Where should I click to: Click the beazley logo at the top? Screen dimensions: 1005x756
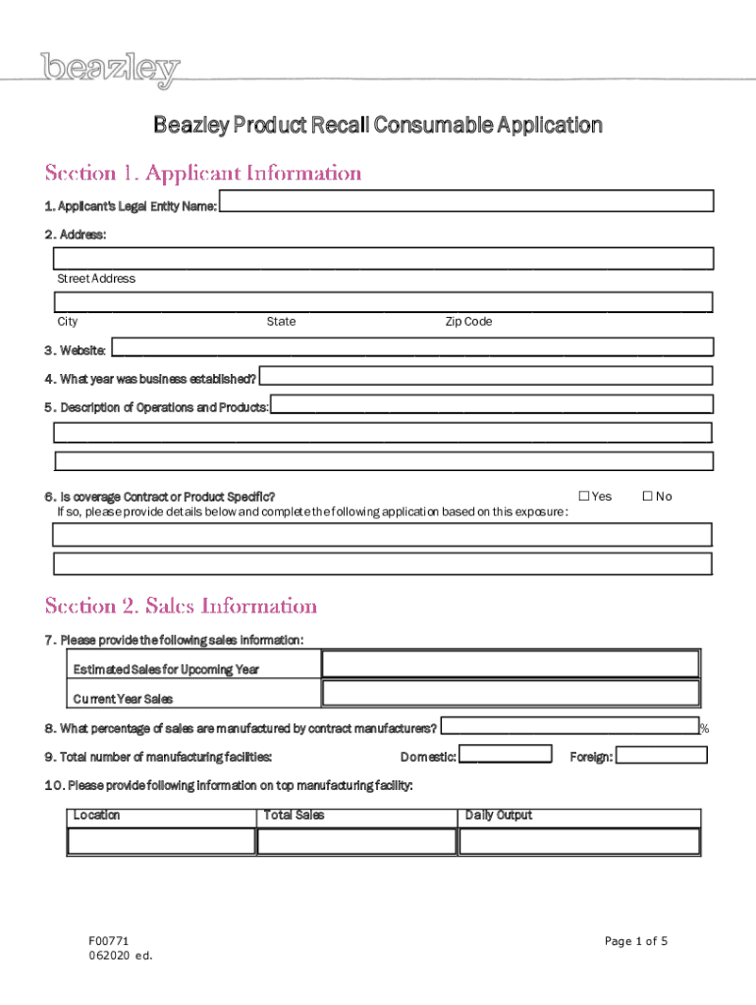coord(111,70)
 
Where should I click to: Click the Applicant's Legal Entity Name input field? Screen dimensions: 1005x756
coord(466,201)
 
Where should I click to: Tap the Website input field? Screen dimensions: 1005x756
coord(412,346)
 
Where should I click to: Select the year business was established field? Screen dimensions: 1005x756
coord(486,376)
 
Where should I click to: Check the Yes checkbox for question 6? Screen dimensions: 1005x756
coord(584,497)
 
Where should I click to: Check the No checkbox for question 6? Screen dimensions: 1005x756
coord(648,497)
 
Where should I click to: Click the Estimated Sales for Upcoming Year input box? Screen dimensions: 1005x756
coord(511,664)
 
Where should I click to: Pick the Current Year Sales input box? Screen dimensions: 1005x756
coord(511,694)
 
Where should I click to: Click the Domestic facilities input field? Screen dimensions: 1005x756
coord(506,756)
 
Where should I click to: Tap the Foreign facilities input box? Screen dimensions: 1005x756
coord(661,756)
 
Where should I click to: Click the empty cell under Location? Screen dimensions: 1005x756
coord(162,842)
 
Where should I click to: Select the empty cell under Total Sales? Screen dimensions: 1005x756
coord(356,842)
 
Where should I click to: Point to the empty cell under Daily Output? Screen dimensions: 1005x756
coord(579,842)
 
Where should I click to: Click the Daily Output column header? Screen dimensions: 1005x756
coord(499,816)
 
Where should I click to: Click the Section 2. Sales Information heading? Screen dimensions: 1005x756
coord(181,606)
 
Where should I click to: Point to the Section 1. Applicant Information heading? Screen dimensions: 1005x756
coord(203,174)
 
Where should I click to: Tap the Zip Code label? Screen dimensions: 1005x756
coord(468,322)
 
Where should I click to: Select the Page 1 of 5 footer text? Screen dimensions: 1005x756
coord(636,941)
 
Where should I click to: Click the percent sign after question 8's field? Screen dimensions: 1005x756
coord(704,728)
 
